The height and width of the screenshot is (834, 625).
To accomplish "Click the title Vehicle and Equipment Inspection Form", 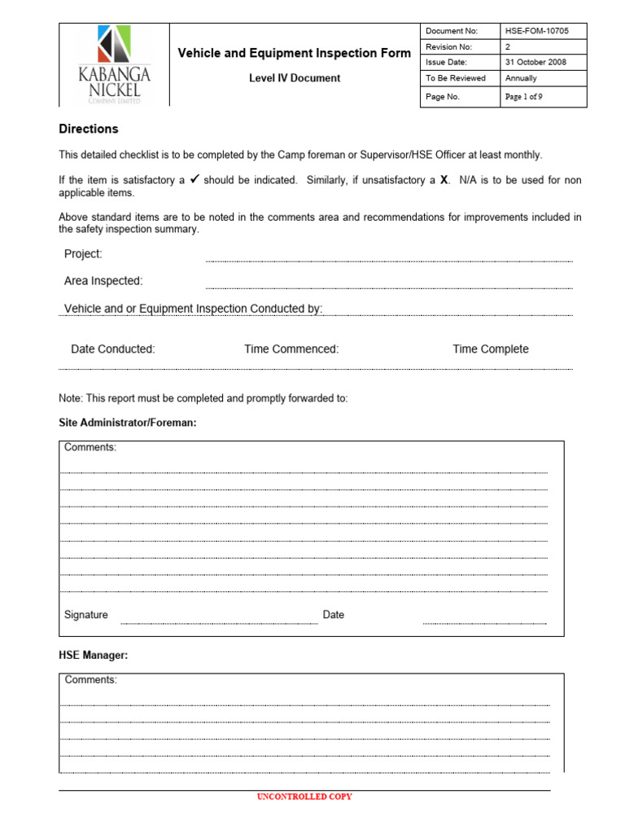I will point(294,54).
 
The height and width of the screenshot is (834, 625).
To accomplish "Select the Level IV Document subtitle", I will point(294,78).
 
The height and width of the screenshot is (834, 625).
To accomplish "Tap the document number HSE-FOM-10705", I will point(536,31).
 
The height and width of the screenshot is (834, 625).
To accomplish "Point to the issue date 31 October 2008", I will point(535,62).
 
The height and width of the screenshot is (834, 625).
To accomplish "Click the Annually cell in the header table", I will point(521,78).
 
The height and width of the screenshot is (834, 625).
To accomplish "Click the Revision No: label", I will point(448,47).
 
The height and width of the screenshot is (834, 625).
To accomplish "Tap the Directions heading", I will point(89,129).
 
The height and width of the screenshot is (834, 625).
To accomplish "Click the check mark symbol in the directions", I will point(194,180).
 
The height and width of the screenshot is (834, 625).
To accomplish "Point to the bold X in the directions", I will point(444,181).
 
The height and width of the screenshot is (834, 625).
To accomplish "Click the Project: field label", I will point(83,254).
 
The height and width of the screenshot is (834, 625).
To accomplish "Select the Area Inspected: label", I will point(103,281).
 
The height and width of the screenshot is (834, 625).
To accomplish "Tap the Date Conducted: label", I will point(113,349).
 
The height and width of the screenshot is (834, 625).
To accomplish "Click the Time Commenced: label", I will point(291,349).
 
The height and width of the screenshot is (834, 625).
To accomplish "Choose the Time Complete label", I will point(491,349).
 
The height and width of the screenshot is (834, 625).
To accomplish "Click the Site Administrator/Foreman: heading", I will point(128,423).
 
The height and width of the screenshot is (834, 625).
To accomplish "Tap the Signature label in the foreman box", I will point(86,615).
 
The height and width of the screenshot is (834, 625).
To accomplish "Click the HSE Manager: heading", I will point(94,655).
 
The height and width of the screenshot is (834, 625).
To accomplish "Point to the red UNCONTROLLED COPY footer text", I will point(304,797).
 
